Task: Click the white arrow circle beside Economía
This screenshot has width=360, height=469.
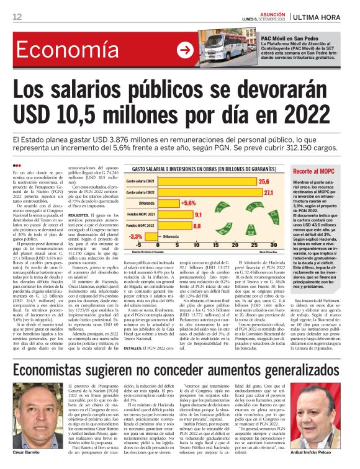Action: click(x=185, y=49)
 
